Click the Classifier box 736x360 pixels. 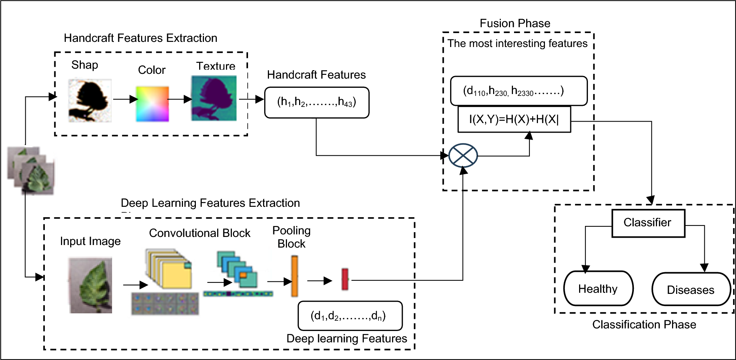(x=648, y=223)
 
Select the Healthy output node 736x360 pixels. (x=598, y=289)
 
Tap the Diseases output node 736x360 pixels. (x=691, y=289)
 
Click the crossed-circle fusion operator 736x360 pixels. (x=463, y=155)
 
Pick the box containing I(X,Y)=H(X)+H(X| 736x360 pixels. (x=514, y=119)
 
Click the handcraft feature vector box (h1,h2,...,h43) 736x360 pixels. (x=316, y=102)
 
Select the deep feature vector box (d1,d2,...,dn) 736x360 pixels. (x=349, y=316)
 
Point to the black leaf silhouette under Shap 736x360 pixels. (x=90, y=100)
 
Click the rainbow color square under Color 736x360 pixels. (x=152, y=104)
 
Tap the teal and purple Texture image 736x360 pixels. (x=214, y=98)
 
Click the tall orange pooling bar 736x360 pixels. (x=294, y=276)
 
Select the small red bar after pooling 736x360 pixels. (x=345, y=280)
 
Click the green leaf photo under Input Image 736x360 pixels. (x=90, y=285)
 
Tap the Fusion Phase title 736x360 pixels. (x=514, y=24)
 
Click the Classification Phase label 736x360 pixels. (x=644, y=325)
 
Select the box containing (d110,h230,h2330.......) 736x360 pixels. (x=518, y=91)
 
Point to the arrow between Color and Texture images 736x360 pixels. (x=180, y=99)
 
